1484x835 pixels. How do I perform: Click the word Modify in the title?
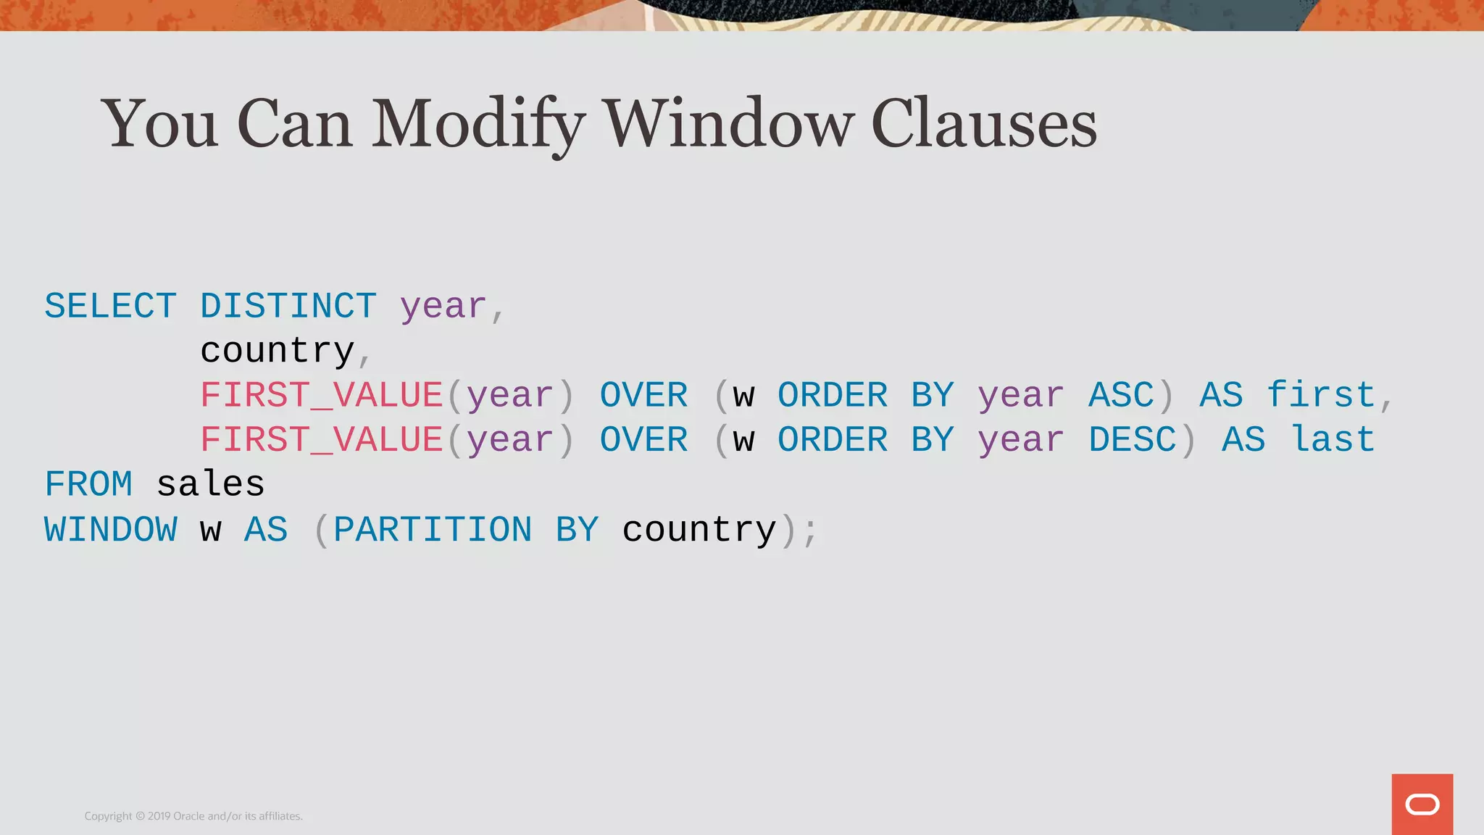(x=478, y=125)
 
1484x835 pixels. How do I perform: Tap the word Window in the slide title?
(x=729, y=125)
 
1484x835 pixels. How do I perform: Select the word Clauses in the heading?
(x=984, y=125)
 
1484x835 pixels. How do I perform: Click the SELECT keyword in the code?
(x=110, y=306)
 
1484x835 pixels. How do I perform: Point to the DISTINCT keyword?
(x=288, y=306)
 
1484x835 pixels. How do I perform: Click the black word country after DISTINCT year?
(x=277, y=351)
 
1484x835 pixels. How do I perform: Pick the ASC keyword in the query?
(x=1120, y=396)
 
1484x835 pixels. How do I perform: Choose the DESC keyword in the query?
(x=1132, y=440)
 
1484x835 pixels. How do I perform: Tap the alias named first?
(x=1320, y=396)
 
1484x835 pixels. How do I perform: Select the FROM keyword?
(x=88, y=484)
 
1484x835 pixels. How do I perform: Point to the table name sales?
(x=210, y=484)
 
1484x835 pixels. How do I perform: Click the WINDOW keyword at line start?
(x=110, y=530)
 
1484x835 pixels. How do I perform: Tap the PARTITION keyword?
(x=433, y=530)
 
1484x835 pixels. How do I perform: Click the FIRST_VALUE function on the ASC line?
(x=322, y=396)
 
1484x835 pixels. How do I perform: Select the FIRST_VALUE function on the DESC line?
(x=322, y=440)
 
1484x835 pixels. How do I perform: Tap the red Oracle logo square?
(x=1422, y=804)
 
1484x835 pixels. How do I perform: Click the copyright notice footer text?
(x=193, y=816)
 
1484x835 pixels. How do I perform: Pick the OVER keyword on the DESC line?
(x=643, y=440)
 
